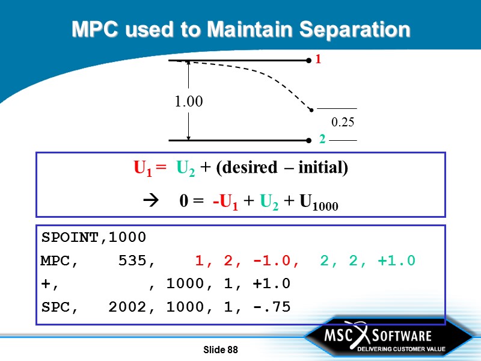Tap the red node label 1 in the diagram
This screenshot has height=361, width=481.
(x=319, y=60)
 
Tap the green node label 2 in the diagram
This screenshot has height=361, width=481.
(x=322, y=140)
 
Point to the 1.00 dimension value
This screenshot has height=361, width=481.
(x=189, y=102)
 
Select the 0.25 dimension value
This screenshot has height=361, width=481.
(x=343, y=122)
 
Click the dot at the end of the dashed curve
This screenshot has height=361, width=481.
(x=311, y=110)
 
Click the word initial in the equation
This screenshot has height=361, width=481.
(x=320, y=168)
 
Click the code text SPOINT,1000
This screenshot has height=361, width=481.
(x=93, y=237)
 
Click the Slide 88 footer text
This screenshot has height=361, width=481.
(x=221, y=350)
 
